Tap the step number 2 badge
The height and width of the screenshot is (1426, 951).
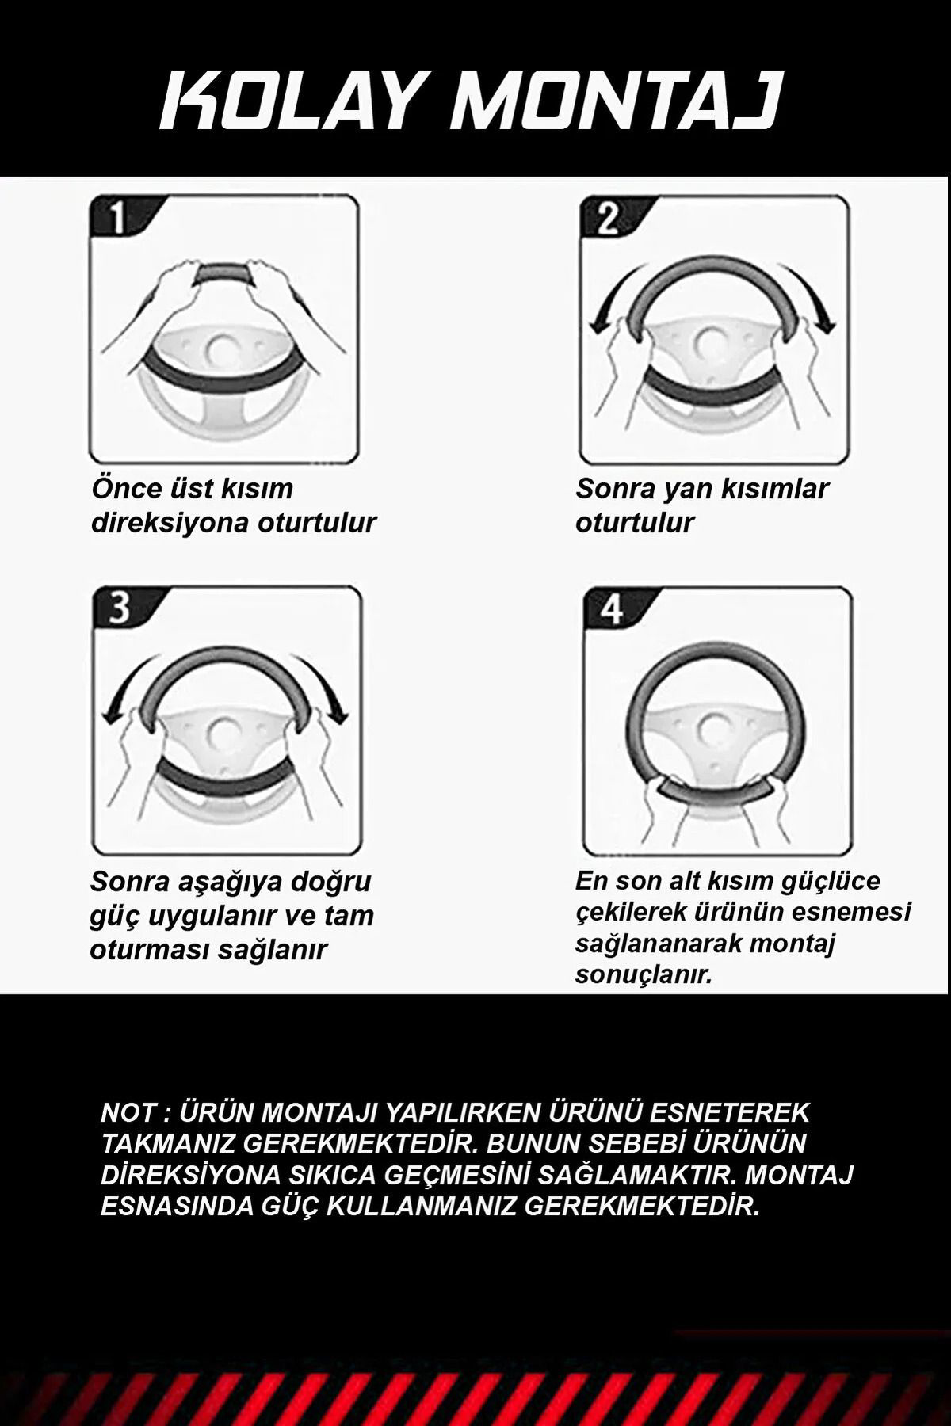(x=605, y=217)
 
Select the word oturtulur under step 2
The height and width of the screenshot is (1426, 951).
(x=635, y=523)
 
